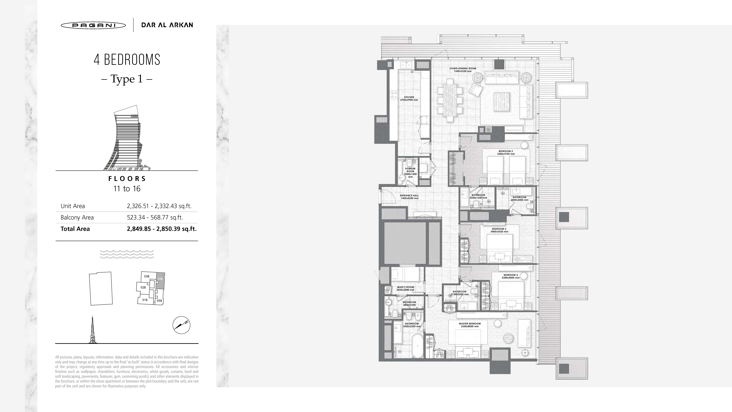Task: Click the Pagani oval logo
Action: pyautogui.click(x=93, y=25)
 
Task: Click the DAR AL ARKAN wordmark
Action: pyautogui.click(x=167, y=25)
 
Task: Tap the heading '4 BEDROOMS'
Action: pyautogui.click(x=127, y=60)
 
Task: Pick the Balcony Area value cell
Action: pyautogui.click(x=155, y=217)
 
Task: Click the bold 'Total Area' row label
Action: pyautogui.click(x=75, y=229)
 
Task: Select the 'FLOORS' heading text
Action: pyautogui.click(x=127, y=179)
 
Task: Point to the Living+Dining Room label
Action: pyautogui.click(x=463, y=70)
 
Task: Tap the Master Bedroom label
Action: pyautogui.click(x=470, y=325)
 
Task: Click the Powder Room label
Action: pyautogui.click(x=410, y=173)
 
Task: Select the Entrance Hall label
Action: pyautogui.click(x=409, y=197)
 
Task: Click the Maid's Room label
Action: pyautogui.click(x=406, y=288)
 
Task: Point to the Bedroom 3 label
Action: pyautogui.click(x=499, y=230)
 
